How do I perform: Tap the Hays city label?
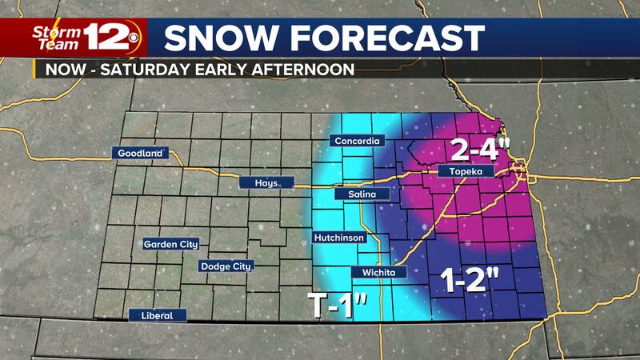click(266, 183)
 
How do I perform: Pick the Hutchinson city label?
click(340, 238)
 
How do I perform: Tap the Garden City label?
click(171, 244)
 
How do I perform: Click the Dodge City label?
click(225, 266)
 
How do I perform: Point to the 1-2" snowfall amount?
click(471, 280)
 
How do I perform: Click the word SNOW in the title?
click(212, 38)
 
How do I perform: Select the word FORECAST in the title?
click(380, 38)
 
